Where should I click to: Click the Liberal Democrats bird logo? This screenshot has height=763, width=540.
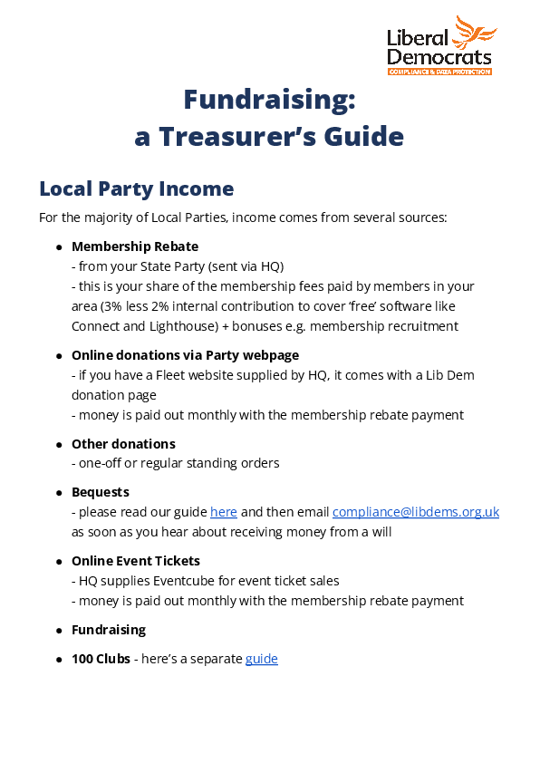point(475,34)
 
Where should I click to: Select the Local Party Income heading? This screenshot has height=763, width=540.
point(136,188)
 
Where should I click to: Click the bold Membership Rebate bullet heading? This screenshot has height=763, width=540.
point(135,246)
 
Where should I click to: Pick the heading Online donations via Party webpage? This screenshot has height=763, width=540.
point(185,355)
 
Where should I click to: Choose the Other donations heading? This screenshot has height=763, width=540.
point(123,444)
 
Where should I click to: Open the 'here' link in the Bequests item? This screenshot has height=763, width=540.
point(224,512)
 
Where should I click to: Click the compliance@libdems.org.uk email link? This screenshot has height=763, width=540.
point(416,512)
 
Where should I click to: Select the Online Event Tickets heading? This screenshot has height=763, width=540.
point(136,561)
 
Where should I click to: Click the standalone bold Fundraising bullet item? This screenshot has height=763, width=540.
point(109,630)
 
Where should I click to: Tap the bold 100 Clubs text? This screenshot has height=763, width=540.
point(101,659)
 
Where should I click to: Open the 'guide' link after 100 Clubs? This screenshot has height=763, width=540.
point(262,659)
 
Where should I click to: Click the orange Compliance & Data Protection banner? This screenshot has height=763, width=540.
point(439,71)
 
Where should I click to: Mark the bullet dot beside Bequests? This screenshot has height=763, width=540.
point(59,493)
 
